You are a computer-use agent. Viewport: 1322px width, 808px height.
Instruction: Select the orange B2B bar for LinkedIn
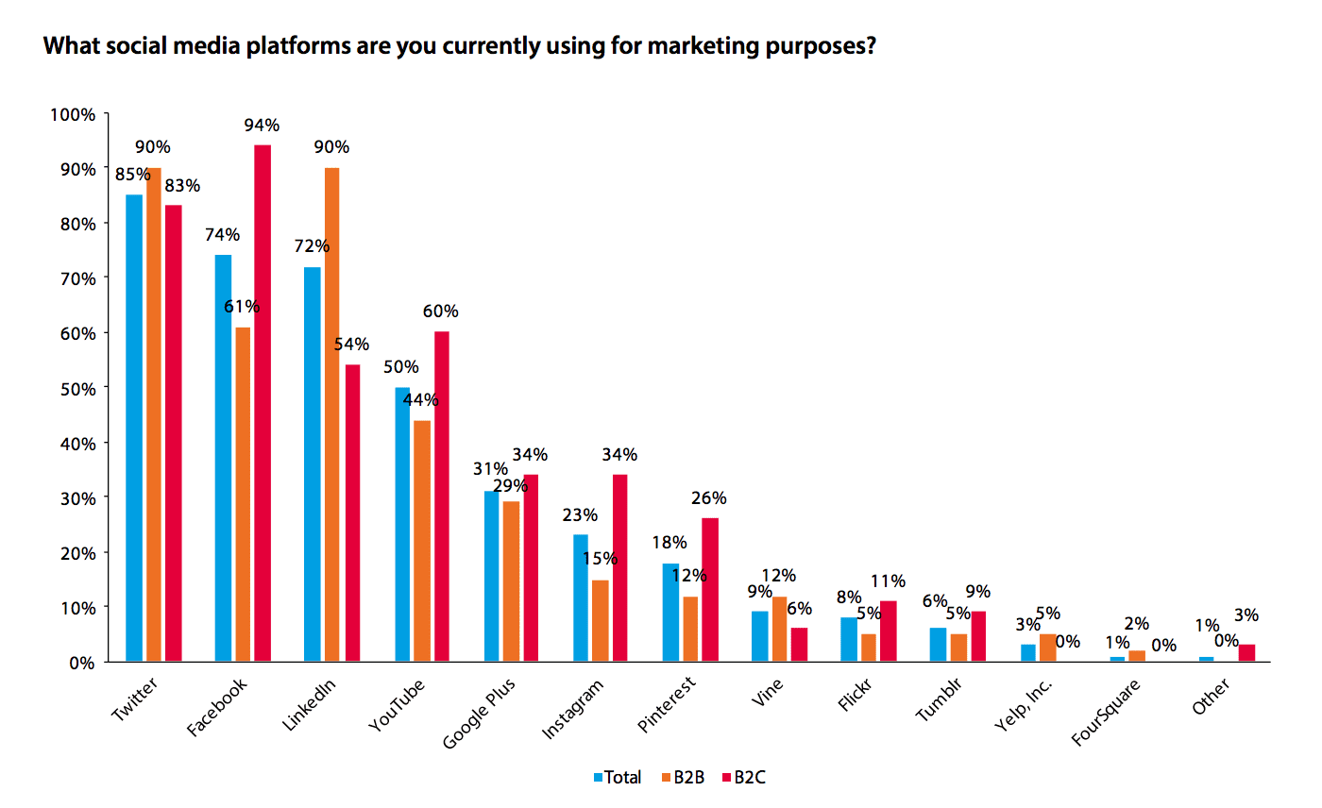point(331,414)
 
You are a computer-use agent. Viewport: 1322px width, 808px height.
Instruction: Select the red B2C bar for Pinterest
point(710,589)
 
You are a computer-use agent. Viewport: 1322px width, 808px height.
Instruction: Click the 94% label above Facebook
point(262,126)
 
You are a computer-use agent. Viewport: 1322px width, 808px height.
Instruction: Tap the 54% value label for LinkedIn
point(351,345)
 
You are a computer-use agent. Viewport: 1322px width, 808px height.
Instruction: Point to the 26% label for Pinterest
point(710,498)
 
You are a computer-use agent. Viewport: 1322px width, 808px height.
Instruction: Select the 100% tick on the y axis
point(73,114)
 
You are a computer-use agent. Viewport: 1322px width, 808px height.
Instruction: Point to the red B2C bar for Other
point(1246,652)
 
